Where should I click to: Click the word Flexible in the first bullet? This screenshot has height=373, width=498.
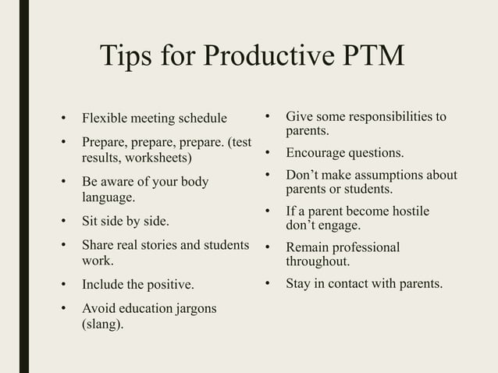(103, 119)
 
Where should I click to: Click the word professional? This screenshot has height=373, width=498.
(365, 247)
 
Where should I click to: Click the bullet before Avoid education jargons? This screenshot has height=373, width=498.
(64, 308)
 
